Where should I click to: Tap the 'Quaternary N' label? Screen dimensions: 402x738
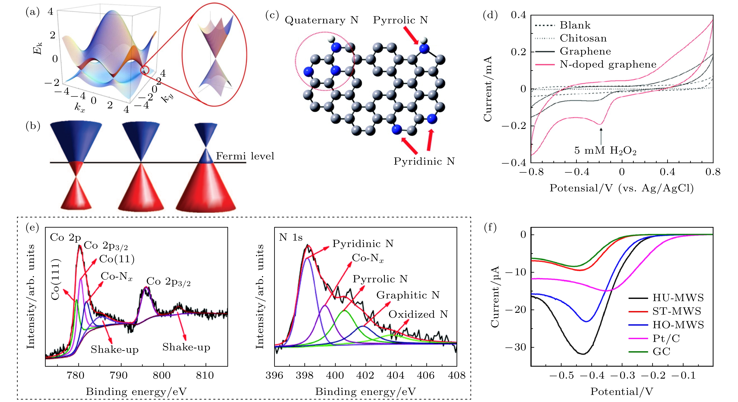(321, 20)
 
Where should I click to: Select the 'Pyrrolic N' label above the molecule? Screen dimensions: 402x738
(400, 20)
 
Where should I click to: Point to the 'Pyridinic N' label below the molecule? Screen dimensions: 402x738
(424, 161)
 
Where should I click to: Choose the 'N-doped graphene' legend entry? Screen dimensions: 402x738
(608, 64)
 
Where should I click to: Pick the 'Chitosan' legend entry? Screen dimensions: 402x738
(583, 38)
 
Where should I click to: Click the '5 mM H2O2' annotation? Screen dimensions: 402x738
(605, 150)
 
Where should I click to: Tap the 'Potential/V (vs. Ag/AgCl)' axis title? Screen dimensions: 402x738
(621, 188)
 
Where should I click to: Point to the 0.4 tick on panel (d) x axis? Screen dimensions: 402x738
(667, 172)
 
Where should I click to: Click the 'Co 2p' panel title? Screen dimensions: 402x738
(65, 237)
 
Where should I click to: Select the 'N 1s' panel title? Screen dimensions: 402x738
(290, 237)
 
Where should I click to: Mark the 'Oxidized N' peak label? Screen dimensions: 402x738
(418, 314)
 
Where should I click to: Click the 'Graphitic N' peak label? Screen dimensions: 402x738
(408, 295)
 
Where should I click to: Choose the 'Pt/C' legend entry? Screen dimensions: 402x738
(666, 339)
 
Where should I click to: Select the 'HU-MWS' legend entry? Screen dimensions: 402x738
(678, 298)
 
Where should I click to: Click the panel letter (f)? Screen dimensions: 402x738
(490, 228)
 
